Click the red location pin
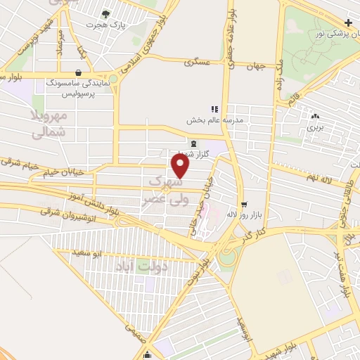[x=181, y=166]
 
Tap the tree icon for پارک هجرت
[x=105, y=13]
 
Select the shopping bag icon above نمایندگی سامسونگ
[x=77, y=72]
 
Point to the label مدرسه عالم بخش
[x=214, y=120]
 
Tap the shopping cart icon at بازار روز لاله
[x=244, y=205]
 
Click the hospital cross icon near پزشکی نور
[x=349, y=23]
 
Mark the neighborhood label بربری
[x=314, y=128]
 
